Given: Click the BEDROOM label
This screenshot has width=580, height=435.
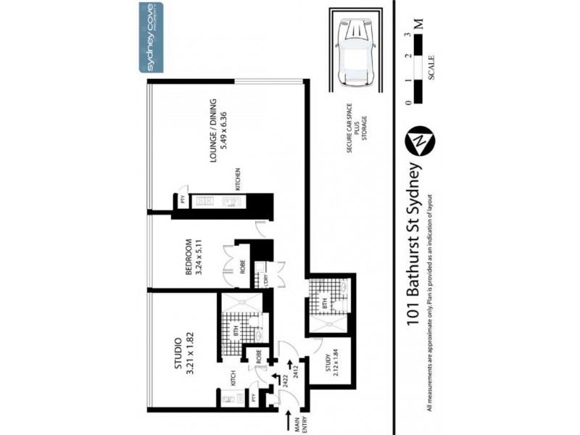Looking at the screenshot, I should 188,257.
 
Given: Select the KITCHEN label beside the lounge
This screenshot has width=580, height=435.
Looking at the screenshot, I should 237,179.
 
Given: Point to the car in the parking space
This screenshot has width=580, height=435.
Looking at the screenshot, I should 356,50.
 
